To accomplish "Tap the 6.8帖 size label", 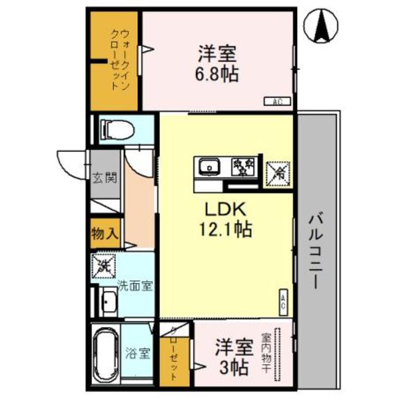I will pos(216,74).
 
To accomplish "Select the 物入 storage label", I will pos(104,234).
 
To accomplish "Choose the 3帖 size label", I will pos(232,367).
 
